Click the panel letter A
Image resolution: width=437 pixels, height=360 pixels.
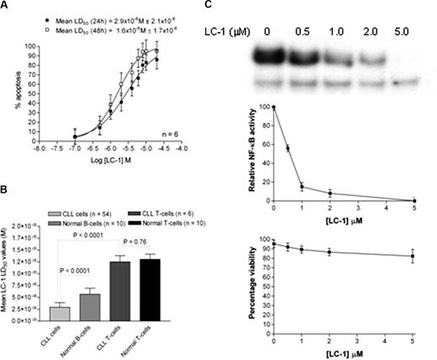click(7, 7)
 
